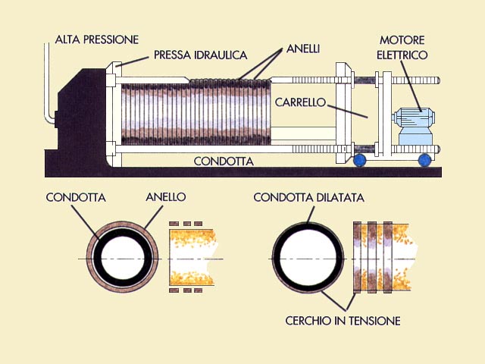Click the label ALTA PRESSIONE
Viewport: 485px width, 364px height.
coord(97,39)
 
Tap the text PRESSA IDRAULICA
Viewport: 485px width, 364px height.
coord(200,55)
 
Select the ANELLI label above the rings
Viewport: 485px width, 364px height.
coord(303,49)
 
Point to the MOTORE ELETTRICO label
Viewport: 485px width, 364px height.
coord(402,47)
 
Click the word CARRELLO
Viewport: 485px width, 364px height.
coord(300,102)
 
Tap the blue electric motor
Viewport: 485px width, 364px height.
coord(414,127)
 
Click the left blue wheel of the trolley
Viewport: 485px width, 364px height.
coord(359,160)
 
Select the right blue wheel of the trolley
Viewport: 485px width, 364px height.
coord(424,160)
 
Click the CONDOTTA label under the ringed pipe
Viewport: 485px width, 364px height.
coord(224,162)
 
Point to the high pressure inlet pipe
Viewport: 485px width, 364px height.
coord(47,83)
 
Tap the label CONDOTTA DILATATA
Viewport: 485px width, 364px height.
coord(308,197)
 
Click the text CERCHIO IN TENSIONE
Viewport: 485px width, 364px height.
coord(343,321)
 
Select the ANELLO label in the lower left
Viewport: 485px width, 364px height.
coord(165,197)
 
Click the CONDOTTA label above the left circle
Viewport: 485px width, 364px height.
coord(76,197)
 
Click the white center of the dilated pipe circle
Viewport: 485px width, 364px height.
coord(308,258)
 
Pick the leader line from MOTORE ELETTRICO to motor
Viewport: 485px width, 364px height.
coord(411,86)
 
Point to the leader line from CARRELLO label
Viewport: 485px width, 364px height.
coord(348,111)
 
